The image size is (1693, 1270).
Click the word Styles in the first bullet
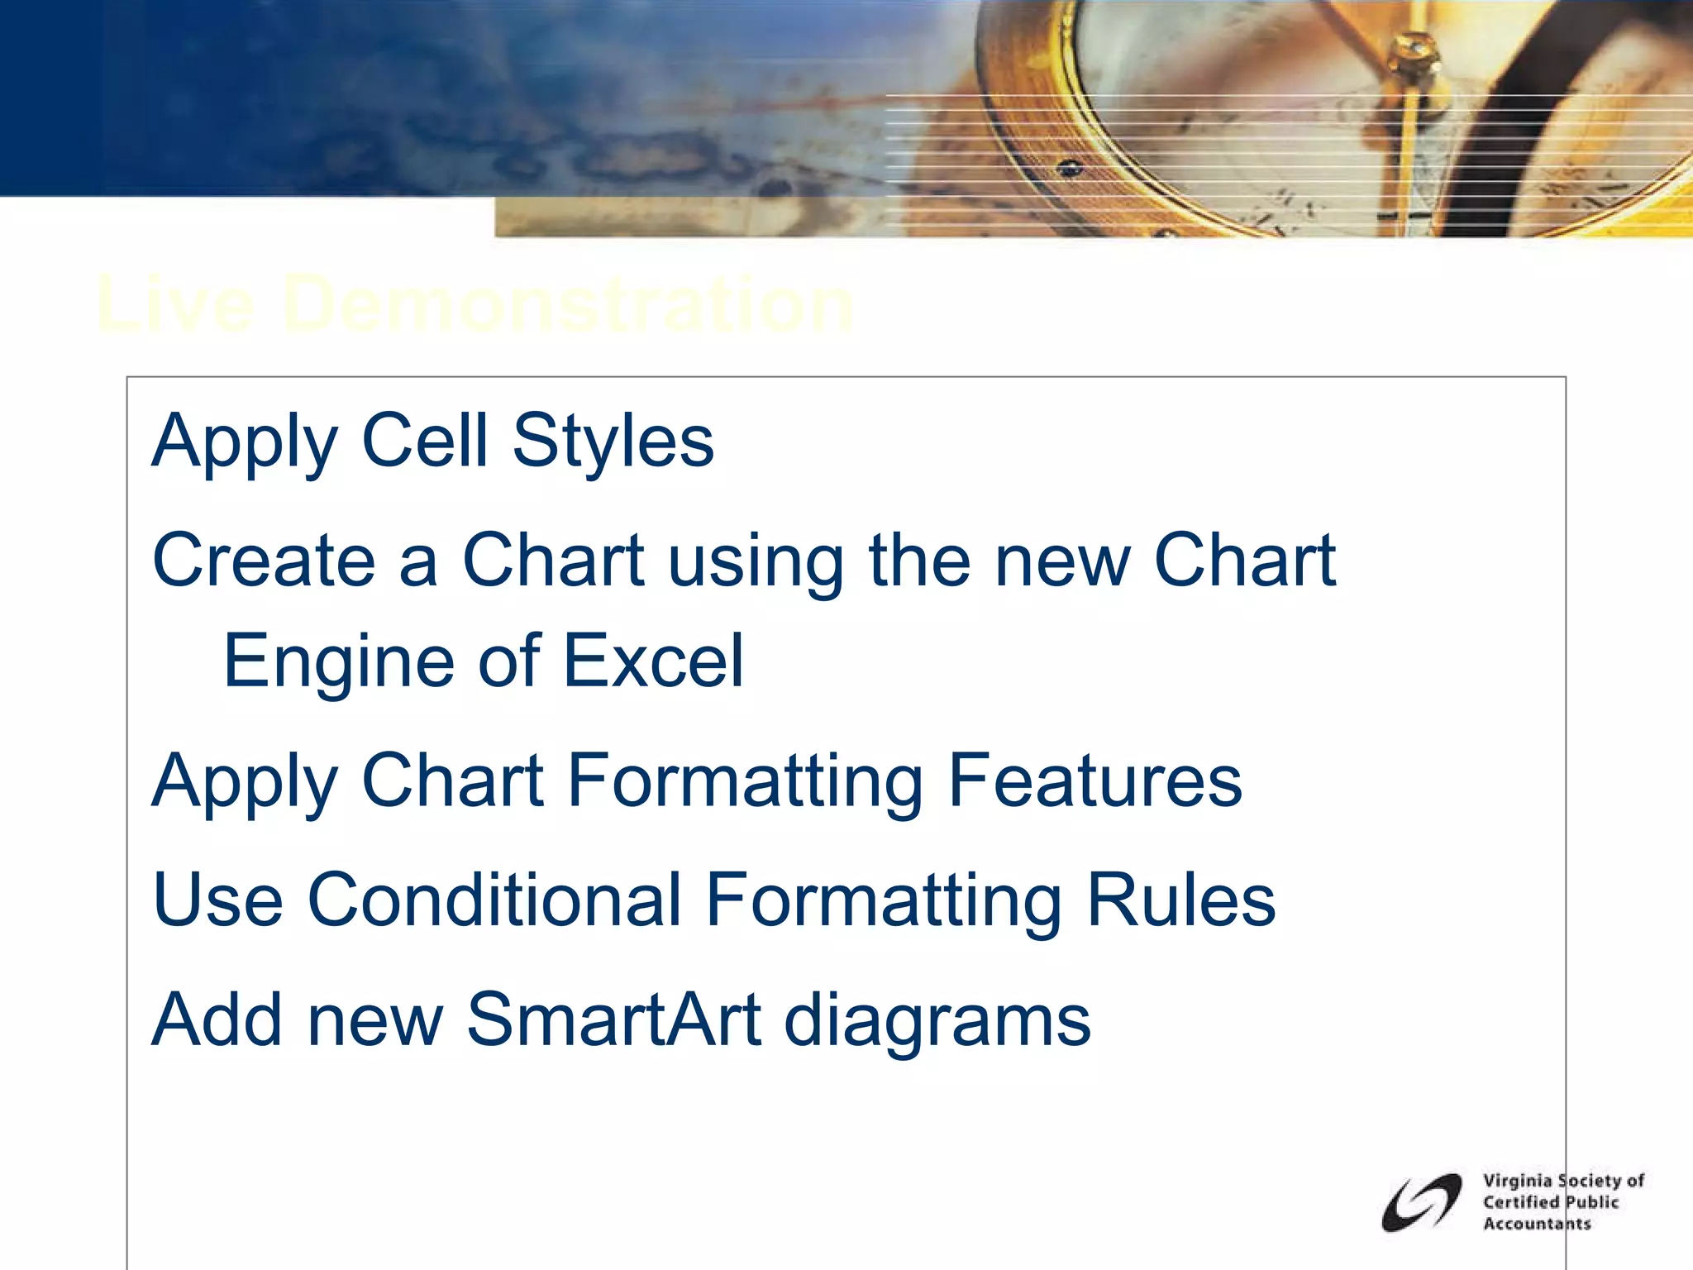pos(613,441)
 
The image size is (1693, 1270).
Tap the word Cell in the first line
pos(425,441)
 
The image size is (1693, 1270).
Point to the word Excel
pos(654,661)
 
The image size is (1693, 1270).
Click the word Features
pos(1094,781)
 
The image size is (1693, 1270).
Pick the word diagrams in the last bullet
pos(937,1021)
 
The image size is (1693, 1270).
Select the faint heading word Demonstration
pos(567,305)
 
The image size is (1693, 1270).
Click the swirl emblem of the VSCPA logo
pos(1420,1202)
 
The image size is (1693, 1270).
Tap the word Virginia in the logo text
pos(1516,1181)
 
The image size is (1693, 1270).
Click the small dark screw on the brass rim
pos(1070,169)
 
